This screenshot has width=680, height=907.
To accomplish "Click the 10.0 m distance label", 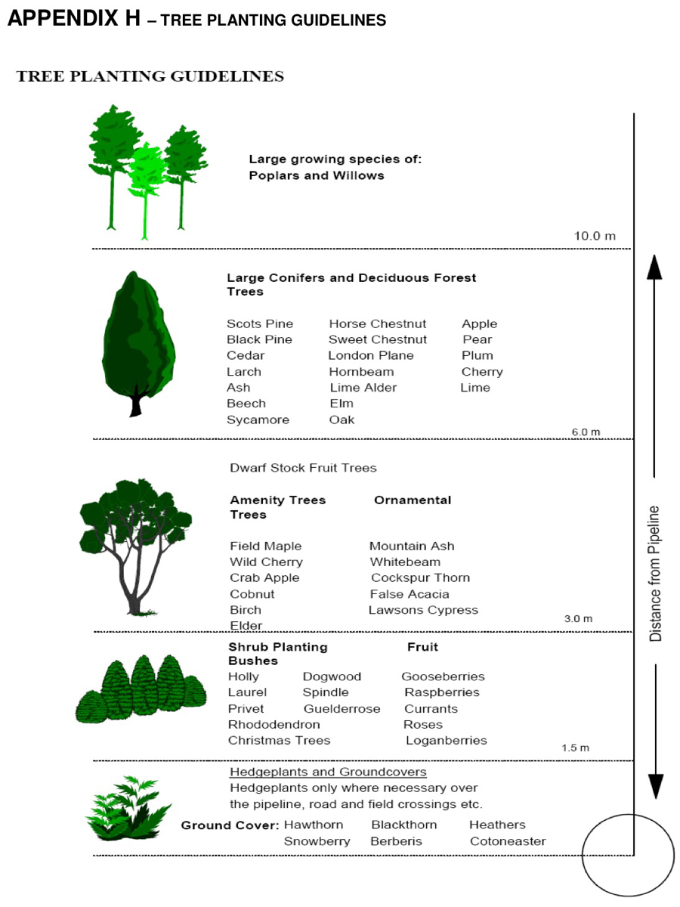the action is click(x=595, y=236).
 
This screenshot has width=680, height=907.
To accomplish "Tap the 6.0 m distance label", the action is click(x=586, y=432).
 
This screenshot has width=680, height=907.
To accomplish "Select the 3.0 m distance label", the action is click(x=578, y=619).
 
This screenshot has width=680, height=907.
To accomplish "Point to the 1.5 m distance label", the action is click(x=575, y=748).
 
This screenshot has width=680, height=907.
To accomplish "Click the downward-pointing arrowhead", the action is click(x=655, y=785).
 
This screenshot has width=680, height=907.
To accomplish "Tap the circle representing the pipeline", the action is click(x=627, y=855).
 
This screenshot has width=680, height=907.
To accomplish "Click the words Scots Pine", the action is click(x=260, y=323).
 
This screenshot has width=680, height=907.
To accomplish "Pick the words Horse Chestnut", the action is click(x=377, y=323).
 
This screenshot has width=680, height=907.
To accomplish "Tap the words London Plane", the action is click(x=371, y=355).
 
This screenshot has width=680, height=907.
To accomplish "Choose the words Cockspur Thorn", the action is click(x=420, y=577).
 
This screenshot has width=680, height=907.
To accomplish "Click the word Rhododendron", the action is click(x=274, y=724).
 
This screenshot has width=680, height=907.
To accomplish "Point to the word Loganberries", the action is click(x=446, y=740).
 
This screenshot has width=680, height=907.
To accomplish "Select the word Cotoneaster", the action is click(x=508, y=841).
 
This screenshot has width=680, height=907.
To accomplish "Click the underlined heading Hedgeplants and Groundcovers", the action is click(x=328, y=772).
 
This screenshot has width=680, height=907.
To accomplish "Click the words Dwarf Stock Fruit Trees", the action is click(x=303, y=468).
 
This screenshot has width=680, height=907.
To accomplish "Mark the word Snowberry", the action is click(x=317, y=841).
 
